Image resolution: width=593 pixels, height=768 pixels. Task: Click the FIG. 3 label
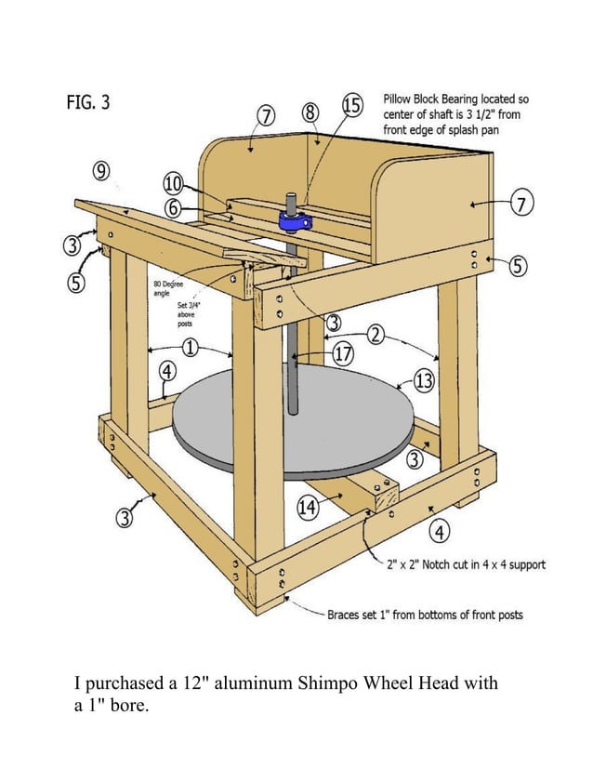tap(87, 102)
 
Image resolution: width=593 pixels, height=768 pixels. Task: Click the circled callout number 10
tap(174, 182)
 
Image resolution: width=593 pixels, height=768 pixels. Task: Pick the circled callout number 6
tap(174, 209)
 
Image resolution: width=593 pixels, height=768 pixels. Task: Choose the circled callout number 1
tap(190, 349)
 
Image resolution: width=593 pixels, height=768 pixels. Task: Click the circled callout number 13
tap(424, 379)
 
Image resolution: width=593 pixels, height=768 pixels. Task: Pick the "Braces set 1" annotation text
tap(426, 615)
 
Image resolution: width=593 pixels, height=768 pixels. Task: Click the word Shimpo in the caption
tap(333, 683)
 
